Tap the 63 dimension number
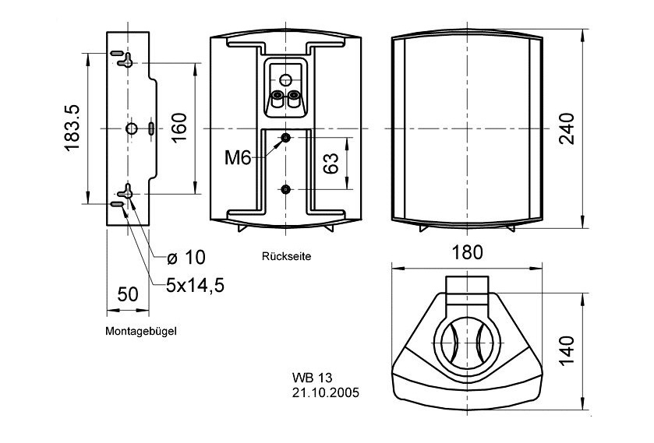tap(331, 163)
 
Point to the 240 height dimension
tap(567, 128)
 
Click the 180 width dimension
tap(466, 252)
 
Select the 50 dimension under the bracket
tap(126, 294)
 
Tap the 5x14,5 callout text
tap(195, 285)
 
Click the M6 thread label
tap(237, 158)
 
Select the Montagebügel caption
tap(141, 331)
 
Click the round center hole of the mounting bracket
tap(131, 128)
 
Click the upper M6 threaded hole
tap(286, 138)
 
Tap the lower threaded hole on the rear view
tap(286, 189)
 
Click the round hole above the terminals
tap(285, 79)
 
